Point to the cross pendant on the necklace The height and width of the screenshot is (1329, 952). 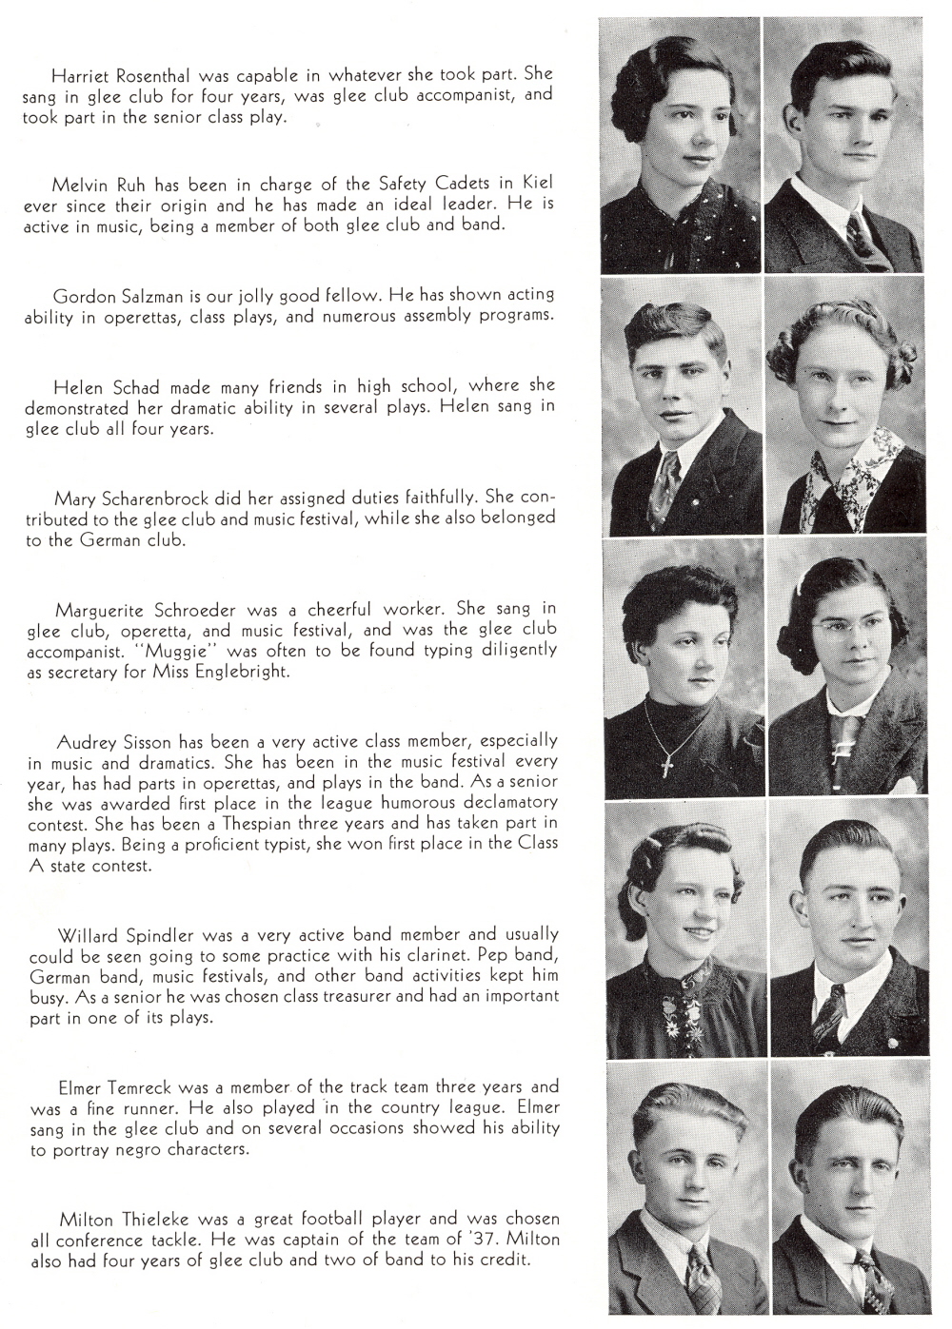click(668, 762)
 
